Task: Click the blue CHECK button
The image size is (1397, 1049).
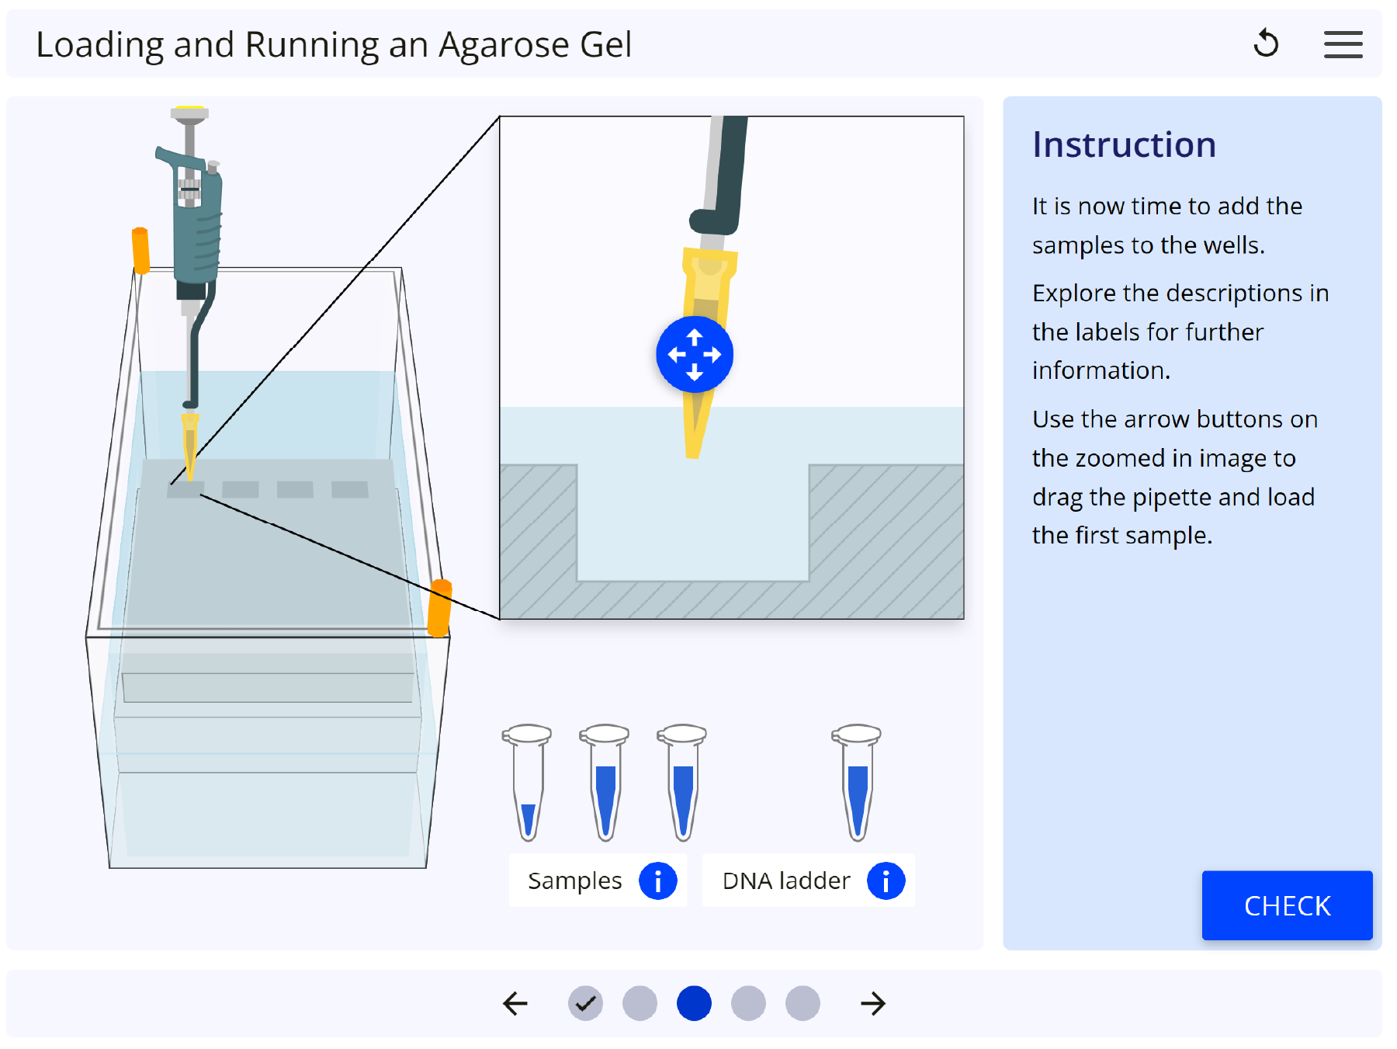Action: pyautogui.click(x=1287, y=905)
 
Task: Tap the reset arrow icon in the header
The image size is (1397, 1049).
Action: pyautogui.click(x=1266, y=43)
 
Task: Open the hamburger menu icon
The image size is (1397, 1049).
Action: pyautogui.click(x=1343, y=44)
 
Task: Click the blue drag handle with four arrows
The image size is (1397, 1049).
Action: pyautogui.click(x=695, y=355)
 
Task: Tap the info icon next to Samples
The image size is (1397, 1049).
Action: pyautogui.click(x=657, y=881)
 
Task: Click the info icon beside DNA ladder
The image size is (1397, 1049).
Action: pyautogui.click(x=886, y=881)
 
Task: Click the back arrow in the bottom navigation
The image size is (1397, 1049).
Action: pyautogui.click(x=515, y=1003)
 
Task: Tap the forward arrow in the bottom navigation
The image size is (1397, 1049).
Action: pyautogui.click(x=873, y=1003)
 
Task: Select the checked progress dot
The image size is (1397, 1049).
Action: pyautogui.click(x=585, y=1003)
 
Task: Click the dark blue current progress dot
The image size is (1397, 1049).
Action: pyautogui.click(x=694, y=1003)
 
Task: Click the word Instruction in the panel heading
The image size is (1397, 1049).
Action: pyautogui.click(x=1124, y=145)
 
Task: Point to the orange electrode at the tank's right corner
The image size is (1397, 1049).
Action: pyautogui.click(x=440, y=608)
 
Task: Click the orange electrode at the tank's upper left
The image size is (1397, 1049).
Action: pyautogui.click(x=140, y=250)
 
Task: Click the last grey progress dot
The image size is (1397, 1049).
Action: pyautogui.click(x=802, y=1003)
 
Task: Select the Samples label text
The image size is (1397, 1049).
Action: pyautogui.click(x=574, y=881)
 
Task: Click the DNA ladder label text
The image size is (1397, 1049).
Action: pyautogui.click(x=786, y=881)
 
